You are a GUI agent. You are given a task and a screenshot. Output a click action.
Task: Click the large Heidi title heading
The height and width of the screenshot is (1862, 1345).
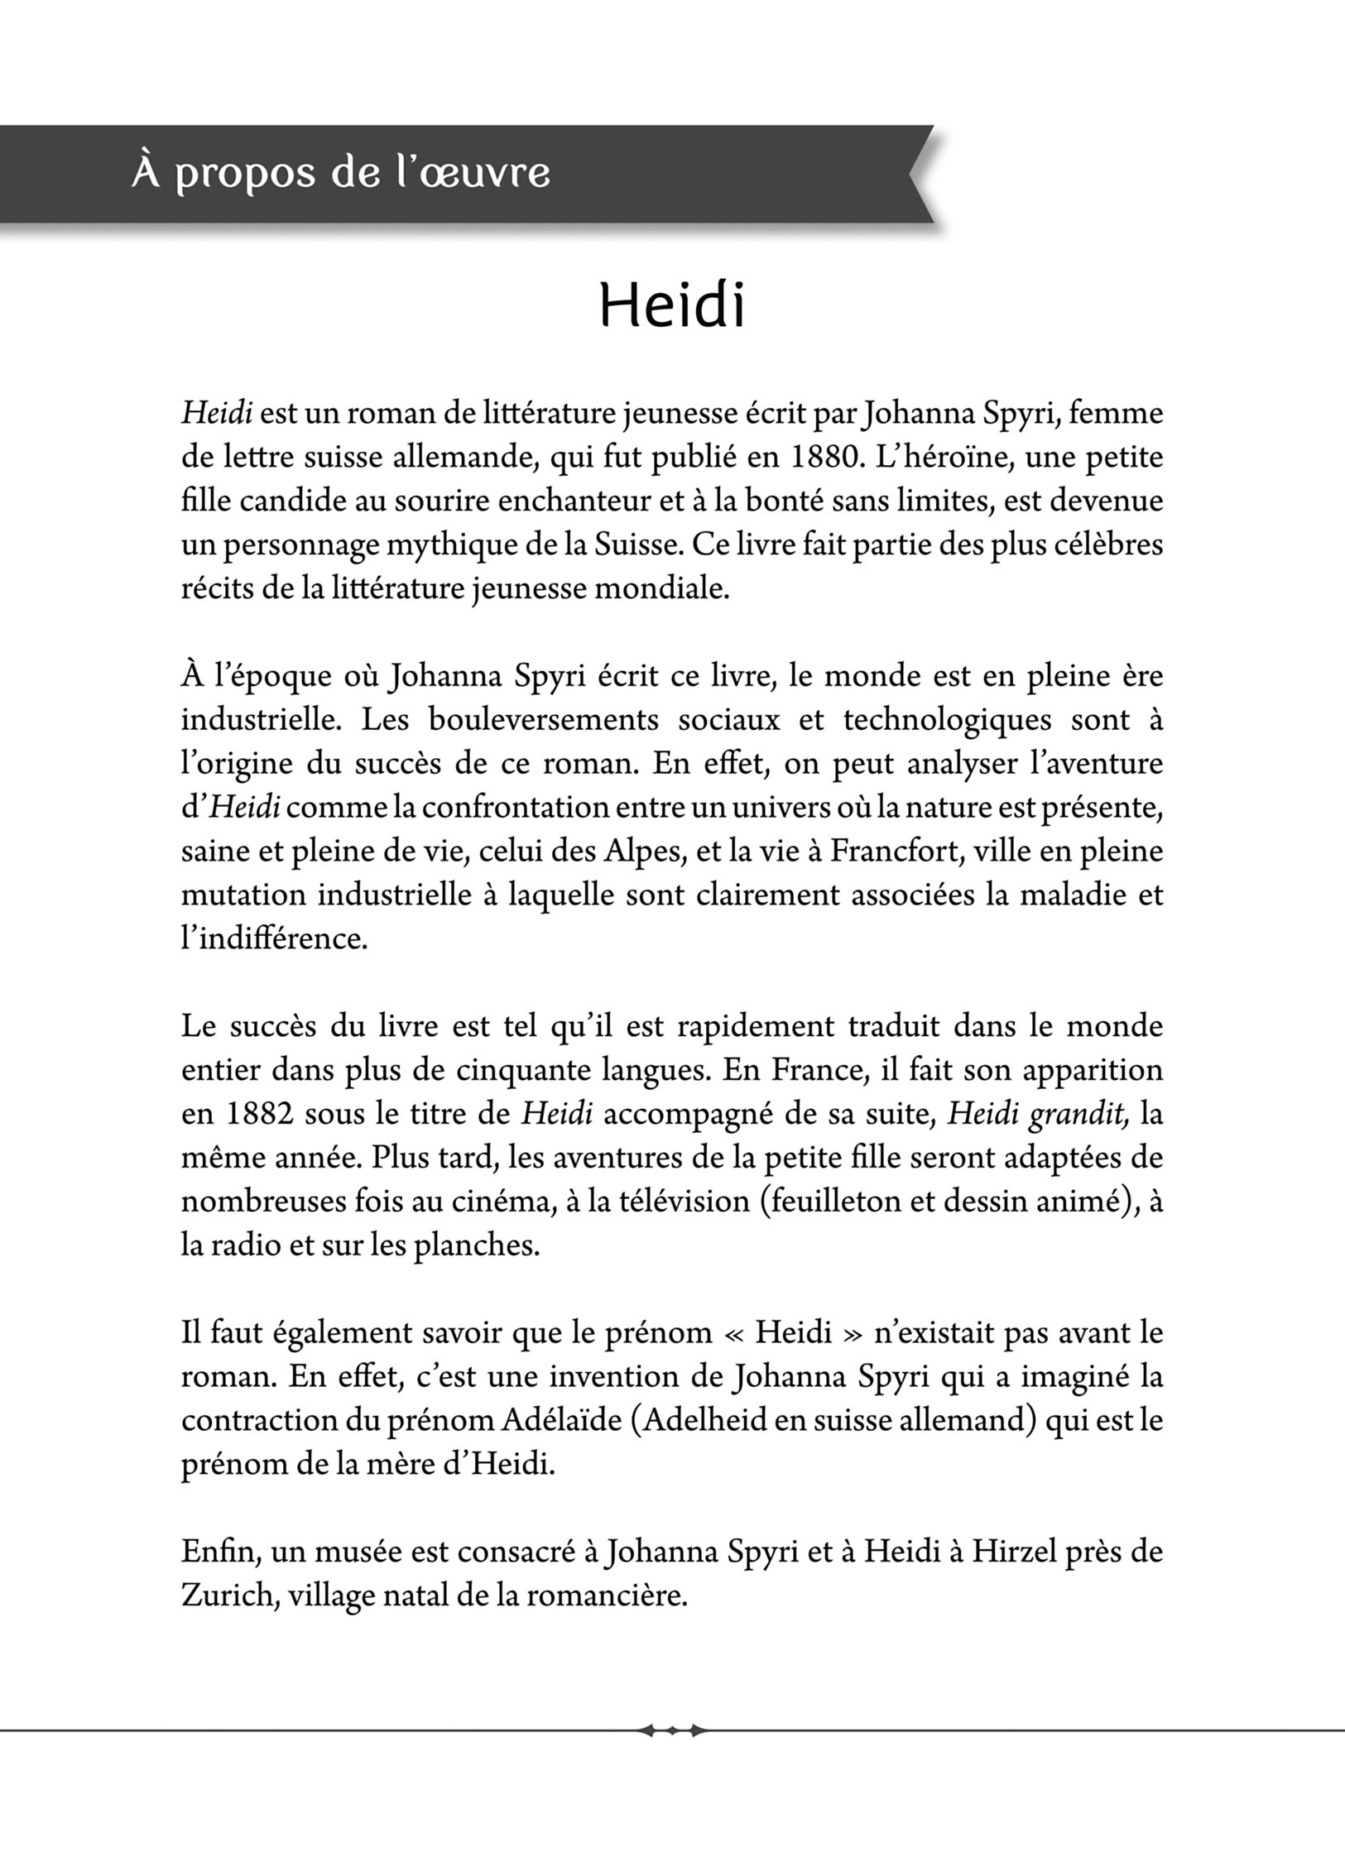pyautogui.click(x=671, y=305)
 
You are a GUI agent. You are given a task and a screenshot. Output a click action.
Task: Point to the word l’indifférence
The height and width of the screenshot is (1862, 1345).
pyautogui.click(x=274, y=938)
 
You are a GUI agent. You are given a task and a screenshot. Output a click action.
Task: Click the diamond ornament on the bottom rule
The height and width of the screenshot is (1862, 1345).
pyautogui.click(x=672, y=1730)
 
